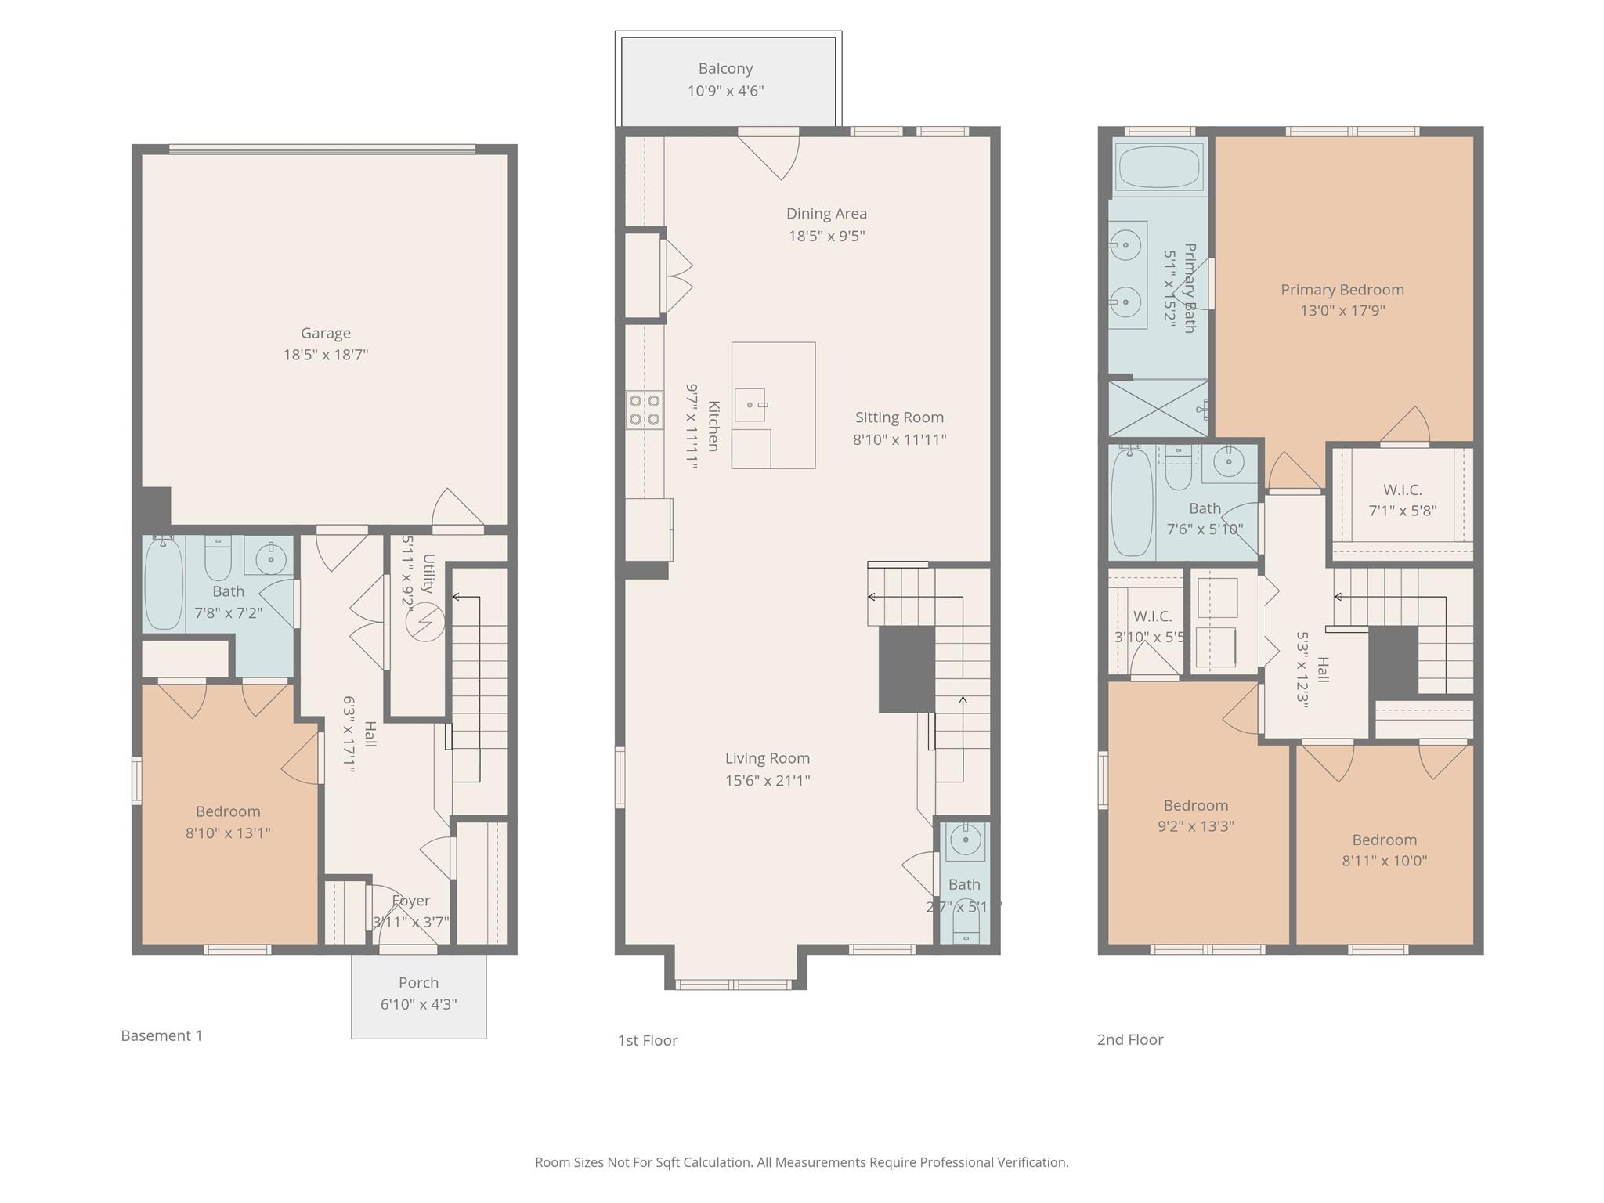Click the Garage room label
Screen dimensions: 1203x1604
[325, 334]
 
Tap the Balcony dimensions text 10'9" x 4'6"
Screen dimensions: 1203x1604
[725, 91]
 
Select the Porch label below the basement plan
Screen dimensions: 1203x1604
[418, 983]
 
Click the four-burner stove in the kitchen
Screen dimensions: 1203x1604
[645, 410]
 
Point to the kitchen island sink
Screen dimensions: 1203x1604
[750, 405]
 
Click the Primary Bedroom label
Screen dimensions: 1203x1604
[1342, 290]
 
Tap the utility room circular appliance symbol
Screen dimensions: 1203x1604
[425, 623]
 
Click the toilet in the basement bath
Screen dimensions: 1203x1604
[218, 558]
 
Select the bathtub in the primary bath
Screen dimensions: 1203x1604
[1159, 167]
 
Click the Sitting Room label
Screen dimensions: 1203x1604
[899, 417]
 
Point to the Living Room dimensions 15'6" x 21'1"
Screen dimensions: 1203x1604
[767, 780]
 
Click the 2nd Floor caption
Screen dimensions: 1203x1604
[1129, 1040]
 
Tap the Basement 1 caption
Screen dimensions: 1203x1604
[161, 1035]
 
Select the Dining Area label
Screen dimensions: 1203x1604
[826, 214]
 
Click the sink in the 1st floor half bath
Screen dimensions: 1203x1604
[964, 841]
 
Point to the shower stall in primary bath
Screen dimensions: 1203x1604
[1158, 408]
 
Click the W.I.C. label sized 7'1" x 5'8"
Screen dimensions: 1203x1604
[1402, 490]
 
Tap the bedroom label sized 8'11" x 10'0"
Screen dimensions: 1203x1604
[1384, 840]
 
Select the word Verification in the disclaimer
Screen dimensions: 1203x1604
[1032, 1162]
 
